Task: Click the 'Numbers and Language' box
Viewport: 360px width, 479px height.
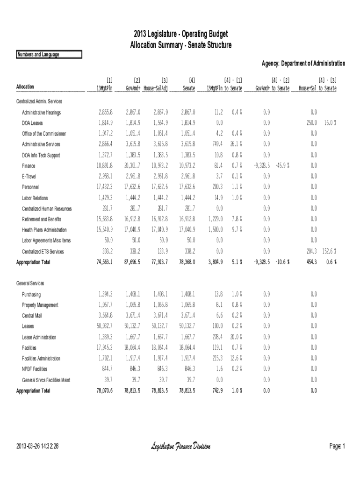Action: [x=49, y=55]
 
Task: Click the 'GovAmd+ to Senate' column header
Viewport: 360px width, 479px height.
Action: [x=273, y=88]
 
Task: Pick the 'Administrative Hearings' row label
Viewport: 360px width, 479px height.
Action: [x=41, y=113]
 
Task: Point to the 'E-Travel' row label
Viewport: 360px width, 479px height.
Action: [x=30, y=176]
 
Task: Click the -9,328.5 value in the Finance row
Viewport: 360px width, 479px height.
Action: [x=262, y=166]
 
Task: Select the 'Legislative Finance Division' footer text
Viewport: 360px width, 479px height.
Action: [x=180, y=447]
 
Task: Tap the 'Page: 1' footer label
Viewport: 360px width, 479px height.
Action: [x=337, y=447]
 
